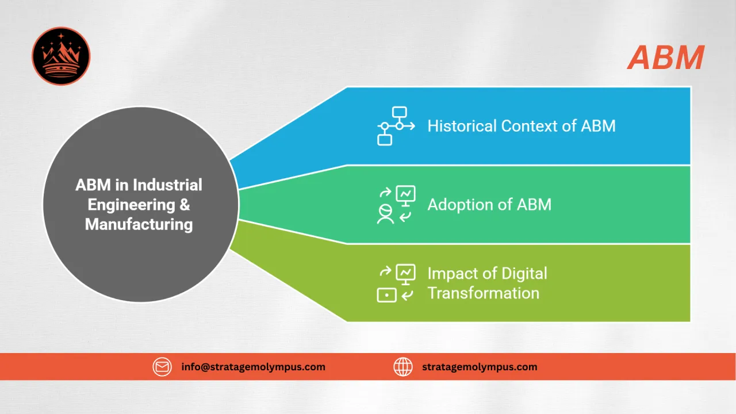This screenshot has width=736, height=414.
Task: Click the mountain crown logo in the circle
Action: pos(61,56)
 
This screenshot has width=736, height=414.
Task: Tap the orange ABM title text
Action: pos(666,57)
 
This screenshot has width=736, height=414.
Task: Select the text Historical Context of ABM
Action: pos(521,126)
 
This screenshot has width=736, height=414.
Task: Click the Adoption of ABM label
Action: pos(489,205)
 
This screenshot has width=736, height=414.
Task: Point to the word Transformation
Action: pos(483,293)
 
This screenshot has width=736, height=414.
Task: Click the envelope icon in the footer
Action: pos(162,366)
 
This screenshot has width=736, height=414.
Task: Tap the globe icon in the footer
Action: pos(403,366)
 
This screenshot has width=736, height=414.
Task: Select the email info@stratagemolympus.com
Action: pos(253,366)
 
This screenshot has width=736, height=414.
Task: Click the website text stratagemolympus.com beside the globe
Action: pos(480,366)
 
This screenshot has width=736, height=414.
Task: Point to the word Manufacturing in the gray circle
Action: pos(139,224)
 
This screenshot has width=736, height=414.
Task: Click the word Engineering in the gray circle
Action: pos(132,205)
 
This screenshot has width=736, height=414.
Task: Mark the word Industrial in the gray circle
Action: pos(168,185)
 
